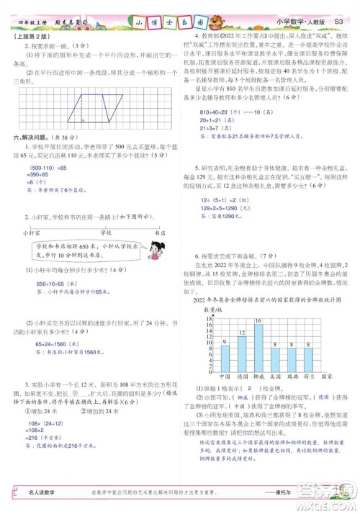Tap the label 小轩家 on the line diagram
30,233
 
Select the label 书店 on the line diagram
160,233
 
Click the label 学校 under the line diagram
106,233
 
